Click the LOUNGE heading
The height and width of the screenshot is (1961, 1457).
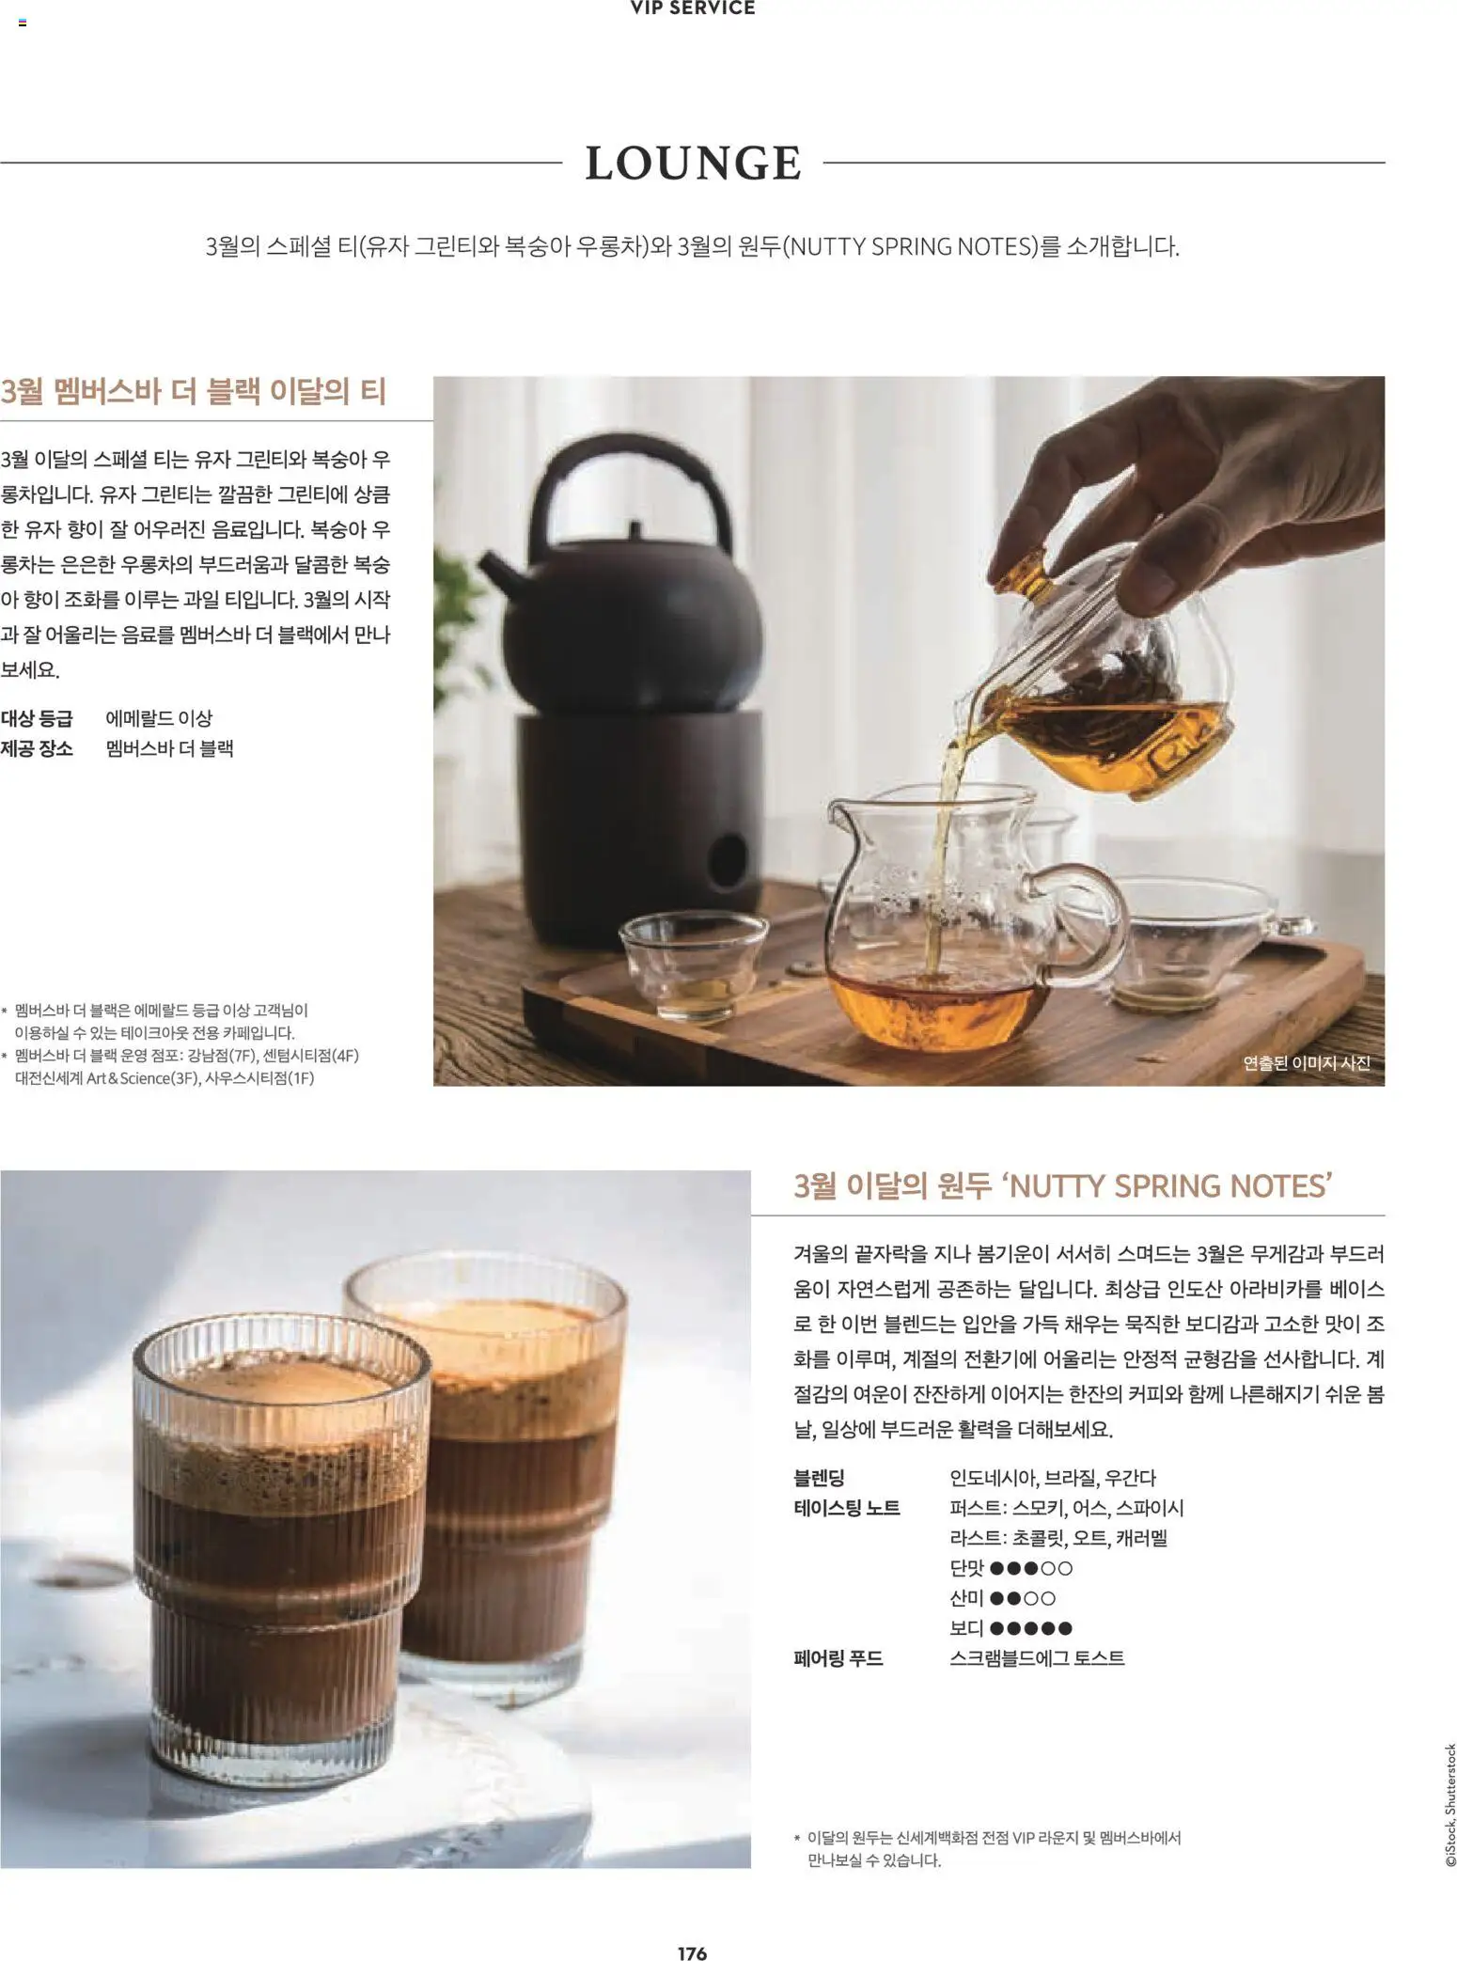[x=693, y=163]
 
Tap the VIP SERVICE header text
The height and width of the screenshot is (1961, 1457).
[x=693, y=8]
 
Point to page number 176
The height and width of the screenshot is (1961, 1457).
[x=692, y=1953]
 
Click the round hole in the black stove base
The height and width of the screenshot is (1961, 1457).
[x=726, y=858]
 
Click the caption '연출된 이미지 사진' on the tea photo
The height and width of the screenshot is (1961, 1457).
[x=1306, y=1062]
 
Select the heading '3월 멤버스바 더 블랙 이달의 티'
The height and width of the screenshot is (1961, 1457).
[x=194, y=391]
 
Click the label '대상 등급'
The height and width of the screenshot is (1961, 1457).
[x=37, y=718]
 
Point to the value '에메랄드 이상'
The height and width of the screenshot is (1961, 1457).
[x=159, y=718]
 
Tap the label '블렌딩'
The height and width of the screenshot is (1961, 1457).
[x=819, y=1478]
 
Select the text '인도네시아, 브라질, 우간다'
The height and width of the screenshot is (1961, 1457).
[x=1053, y=1478]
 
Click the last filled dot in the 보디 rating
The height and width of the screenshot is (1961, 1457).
[x=1065, y=1628]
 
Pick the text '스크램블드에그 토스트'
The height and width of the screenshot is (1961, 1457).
[x=1037, y=1658]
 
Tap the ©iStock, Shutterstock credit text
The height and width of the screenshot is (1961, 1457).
[x=1449, y=1806]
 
